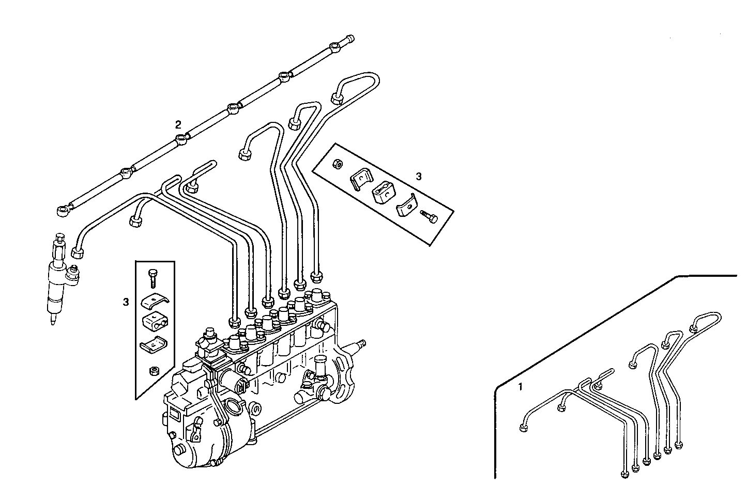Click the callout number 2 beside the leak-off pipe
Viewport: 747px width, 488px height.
tap(178, 124)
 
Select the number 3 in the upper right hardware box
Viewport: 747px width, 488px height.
tap(419, 176)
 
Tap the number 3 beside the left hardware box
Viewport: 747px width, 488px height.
tap(126, 302)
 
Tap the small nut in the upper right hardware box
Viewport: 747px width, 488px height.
tap(336, 163)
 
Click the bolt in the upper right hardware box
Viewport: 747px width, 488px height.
tap(429, 216)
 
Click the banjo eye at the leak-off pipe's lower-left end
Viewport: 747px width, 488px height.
tap(63, 210)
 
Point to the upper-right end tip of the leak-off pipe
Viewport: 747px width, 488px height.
tap(350, 38)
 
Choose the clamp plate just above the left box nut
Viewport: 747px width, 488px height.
tap(153, 345)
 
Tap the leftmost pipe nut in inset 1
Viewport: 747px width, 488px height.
tap(523, 427)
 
